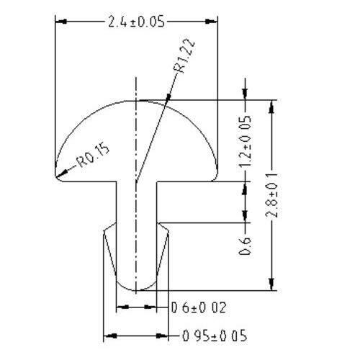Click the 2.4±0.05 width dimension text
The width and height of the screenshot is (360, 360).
[x=136, y=22]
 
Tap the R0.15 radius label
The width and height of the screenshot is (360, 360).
[x=93, y=156]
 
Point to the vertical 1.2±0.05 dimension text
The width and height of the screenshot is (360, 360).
[x=245, y=142]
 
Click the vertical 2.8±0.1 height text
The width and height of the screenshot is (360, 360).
[x=272, y=195]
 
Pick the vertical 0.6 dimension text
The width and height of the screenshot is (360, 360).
[x=245, y=246]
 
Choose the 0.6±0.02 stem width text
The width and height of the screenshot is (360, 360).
[x=199, y=307]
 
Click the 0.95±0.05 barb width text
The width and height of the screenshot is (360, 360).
[x=215, y=336]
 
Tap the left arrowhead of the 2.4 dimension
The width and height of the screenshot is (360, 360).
[x=61, y=22]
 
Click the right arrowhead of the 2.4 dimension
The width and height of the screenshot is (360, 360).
[x=211, y=22]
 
